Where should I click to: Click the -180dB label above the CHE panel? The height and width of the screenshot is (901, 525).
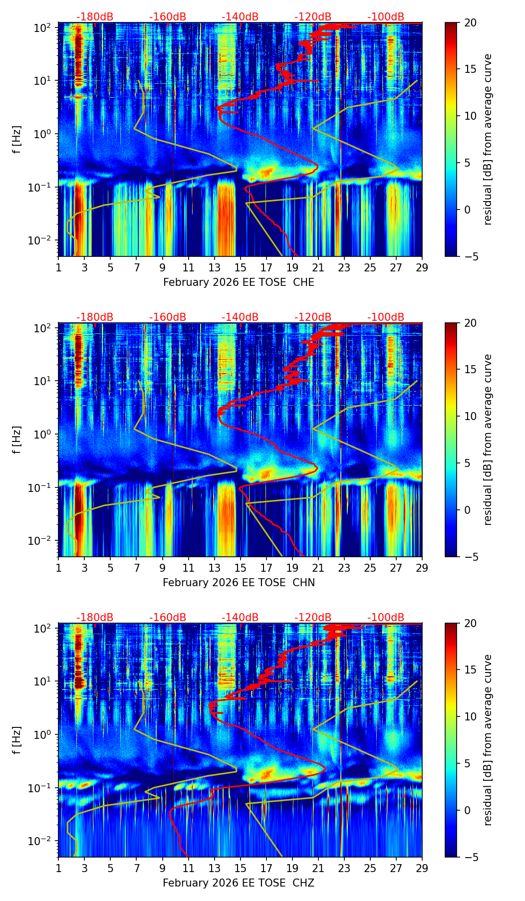pyautogui.click(x=95, y=17)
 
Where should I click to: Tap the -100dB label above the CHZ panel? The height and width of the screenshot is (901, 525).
pyautogui.click(x=386, y=618)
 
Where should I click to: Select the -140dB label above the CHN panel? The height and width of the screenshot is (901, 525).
pyautogui.click(x=240, y=317)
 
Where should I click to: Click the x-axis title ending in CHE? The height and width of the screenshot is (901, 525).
pyautogui.click(x=239, y=282)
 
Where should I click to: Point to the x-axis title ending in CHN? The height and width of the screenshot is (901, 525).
pyautogui.click(x=239, y=583)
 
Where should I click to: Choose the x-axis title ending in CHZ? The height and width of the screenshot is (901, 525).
pyautogui.click(x=239, y=883)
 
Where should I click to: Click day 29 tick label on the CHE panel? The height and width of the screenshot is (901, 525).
pyautogui.click(x=422, y=267)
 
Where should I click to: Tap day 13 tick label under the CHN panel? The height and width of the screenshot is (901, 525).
pyautogui.click(x=214, y=568)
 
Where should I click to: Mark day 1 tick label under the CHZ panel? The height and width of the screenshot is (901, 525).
pyautogui.click(x=58, y=868)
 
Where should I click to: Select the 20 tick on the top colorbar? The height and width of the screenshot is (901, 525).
pyautogui.click(x=471, y=22)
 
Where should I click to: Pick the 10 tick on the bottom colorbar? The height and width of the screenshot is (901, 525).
pyautogui.click(x=471, y=716)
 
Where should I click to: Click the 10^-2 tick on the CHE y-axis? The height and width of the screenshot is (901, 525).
pyautogui.click(x=42, y=240)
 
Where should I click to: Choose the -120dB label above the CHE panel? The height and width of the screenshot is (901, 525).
pyautogui.click(x=313, y=17)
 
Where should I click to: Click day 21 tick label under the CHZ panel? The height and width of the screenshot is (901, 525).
pyautogui.click(x=318, y=868)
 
